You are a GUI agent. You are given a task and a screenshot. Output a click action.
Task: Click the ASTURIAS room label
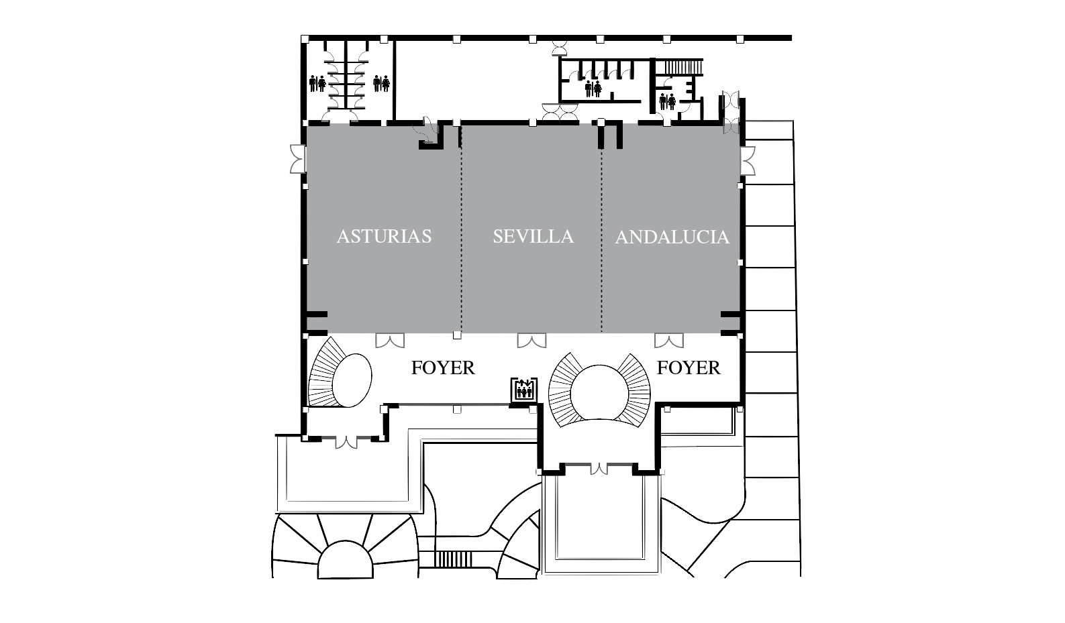click(384, 237)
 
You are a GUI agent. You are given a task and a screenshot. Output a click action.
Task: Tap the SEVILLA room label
click(533, 237)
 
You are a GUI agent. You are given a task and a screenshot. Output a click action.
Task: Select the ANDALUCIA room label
click(672, 237)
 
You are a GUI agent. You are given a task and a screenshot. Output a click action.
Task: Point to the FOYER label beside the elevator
click(443, 367)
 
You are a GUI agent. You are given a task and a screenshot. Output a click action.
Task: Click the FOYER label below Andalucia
click(689, 367)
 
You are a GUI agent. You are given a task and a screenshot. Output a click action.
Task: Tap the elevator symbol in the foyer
click(524, 389)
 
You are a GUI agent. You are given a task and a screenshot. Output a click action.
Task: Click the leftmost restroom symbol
click(317, 84)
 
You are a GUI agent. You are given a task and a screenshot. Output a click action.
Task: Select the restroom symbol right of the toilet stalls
click(381, 84)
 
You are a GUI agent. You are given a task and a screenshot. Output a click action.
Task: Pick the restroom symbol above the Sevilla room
click(593, 89)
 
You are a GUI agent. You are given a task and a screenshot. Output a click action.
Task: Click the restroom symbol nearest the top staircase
click(668, 101)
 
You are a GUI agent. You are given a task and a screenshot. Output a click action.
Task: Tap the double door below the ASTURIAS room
click(390, 340)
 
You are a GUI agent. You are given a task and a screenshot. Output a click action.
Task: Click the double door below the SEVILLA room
click(531, 340)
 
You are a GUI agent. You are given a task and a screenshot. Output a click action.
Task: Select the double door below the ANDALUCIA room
click(669, 340)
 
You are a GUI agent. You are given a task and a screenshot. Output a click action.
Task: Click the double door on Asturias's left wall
click(298, 159)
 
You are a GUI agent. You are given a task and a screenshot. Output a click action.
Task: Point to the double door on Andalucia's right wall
click(748, 161)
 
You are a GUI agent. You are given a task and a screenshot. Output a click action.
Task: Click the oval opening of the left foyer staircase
click(352, 380)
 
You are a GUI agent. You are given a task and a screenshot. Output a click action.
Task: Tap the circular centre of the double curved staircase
click(599, 392)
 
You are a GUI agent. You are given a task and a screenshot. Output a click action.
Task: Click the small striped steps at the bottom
click(453, 559)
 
